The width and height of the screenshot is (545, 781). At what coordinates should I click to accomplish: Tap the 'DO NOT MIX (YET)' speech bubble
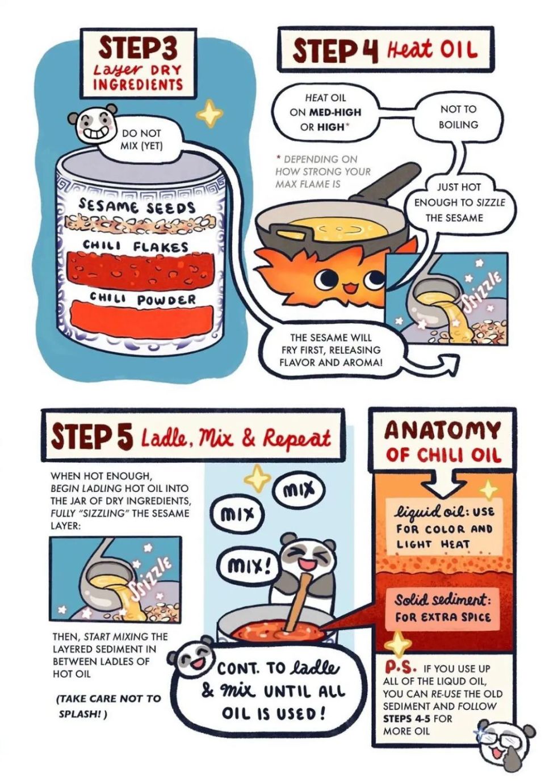coord(141,140)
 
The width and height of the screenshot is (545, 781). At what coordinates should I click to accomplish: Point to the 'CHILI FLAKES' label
coord(135,246)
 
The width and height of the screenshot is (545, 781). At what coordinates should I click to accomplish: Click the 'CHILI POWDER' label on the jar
coord(142,298)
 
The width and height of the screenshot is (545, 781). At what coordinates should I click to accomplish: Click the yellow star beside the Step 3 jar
coord(209,113)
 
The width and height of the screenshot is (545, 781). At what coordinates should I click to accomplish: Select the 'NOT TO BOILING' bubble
coord(458,117)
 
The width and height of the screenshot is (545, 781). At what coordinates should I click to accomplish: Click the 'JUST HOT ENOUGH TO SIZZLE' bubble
coord(459,202)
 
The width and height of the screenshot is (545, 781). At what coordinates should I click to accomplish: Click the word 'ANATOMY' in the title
coord(442,430)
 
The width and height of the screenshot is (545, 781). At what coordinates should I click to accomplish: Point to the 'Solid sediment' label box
coord(442,609)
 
